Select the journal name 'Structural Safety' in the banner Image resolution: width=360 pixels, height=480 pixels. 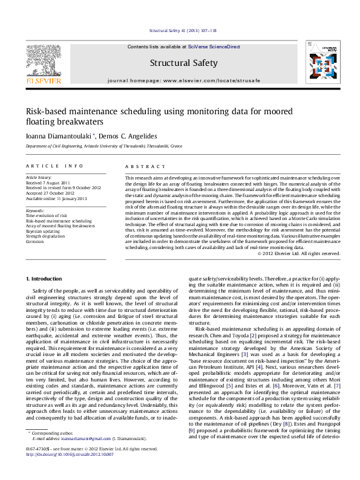pyautogui.click(x=180, y=62)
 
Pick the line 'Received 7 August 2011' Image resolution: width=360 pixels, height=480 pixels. pyautogui.click(x=48, y=183)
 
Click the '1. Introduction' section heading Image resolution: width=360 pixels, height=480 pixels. pyautogui.click(x=45, y=278)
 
